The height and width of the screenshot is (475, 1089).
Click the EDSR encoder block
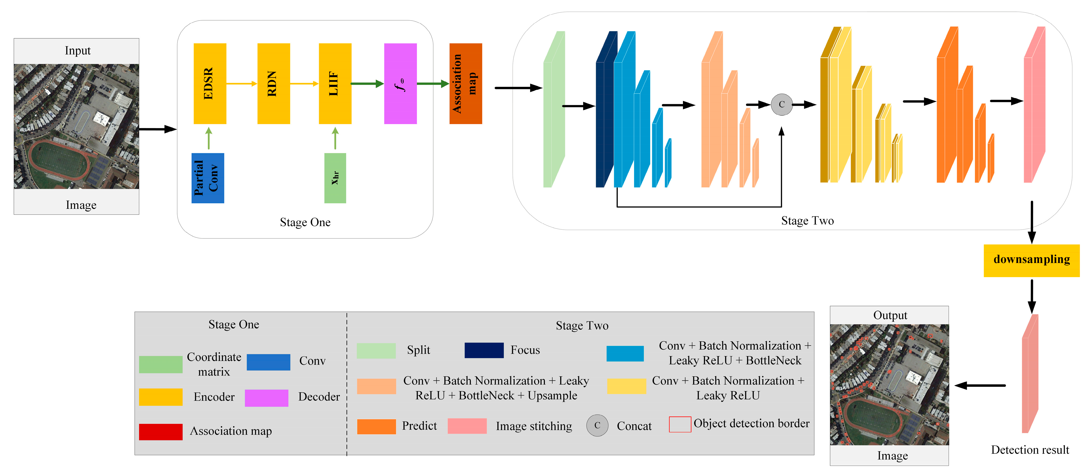click(x=210, y=83)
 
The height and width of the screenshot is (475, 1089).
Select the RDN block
click(x=274, y=83)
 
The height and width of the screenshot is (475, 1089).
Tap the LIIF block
click(x=335, y=83)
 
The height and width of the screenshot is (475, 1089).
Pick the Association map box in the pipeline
click(x=465, y=83)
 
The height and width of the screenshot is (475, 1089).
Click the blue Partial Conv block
click(x=208, y=178)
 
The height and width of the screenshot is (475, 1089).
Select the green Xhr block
click(x=335, y=178)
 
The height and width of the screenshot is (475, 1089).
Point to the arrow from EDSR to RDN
click(x=242, y=84)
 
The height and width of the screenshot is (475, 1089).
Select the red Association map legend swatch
click(x=161, y=431)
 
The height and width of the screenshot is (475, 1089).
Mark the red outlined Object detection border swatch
click(x=680, y=424)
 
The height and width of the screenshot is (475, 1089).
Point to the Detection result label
click(x=1030, y=450)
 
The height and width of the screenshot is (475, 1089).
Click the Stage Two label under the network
click(x=807, y=221)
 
